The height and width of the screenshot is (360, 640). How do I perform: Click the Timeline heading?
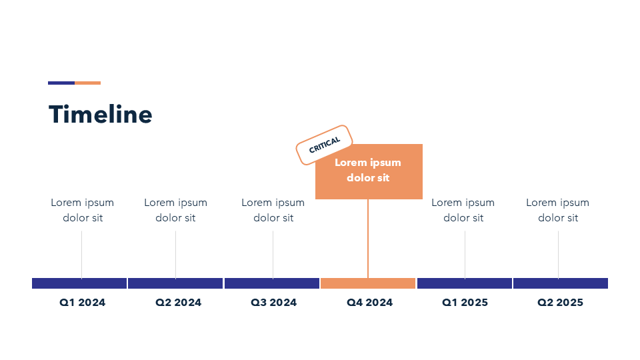point(101,114)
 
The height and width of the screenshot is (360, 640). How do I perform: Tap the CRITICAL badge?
point(324,145)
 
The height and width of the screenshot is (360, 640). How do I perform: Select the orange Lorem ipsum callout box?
point(369,171)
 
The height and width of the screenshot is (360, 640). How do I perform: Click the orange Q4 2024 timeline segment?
point(368,283)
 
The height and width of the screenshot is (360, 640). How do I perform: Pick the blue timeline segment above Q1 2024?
point(79,283)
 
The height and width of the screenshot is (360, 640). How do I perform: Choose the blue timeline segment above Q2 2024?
point(175,283)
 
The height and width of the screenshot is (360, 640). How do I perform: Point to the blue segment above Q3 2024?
point(272,283)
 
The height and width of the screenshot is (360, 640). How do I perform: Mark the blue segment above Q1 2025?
point(465,283)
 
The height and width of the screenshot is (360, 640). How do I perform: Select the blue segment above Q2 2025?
point(561,283)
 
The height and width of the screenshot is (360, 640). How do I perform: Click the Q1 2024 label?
point(83,303)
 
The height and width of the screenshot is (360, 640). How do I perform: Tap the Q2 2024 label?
point(179,303)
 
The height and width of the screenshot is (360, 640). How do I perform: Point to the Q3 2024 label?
point(273,303)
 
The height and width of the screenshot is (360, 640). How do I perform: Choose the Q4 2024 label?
point(369,303)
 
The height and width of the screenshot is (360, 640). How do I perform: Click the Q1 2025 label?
point(465,303)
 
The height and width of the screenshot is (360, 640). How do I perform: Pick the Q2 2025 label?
point(561,303)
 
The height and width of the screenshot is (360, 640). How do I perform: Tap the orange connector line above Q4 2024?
point(368,239)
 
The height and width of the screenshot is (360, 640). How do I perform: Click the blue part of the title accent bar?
point(61,83)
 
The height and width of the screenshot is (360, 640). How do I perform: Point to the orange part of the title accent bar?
point(88,83)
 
